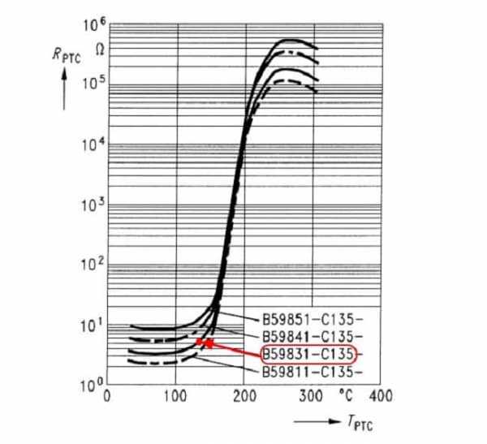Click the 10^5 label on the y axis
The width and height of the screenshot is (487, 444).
pos(90,84)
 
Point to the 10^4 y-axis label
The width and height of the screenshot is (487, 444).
pos(90,145)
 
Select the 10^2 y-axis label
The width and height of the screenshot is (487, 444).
pos(90,265)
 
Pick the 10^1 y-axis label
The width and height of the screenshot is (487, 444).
pos(90,326)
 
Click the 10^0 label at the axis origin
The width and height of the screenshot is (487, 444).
pos(90,384)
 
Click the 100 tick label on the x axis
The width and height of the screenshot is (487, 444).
pos(176,397)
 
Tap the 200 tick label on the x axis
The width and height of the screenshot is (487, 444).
pos(244,397)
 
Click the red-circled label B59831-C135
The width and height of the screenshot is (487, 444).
pos(309,355)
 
